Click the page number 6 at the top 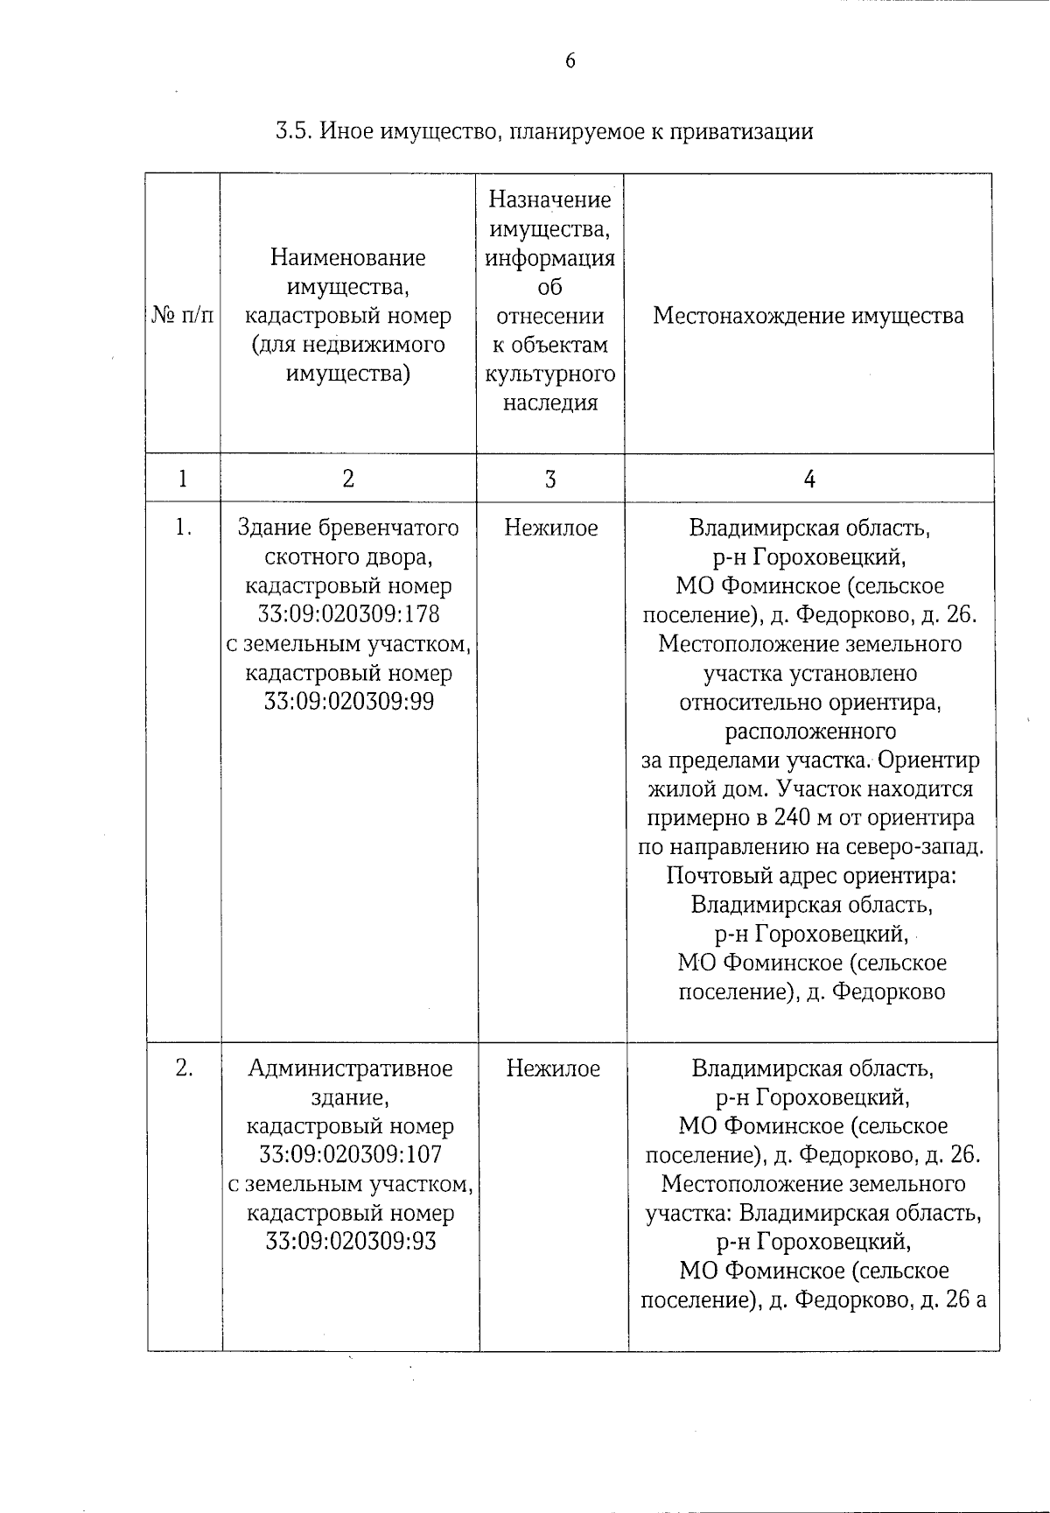(x=570, y=60)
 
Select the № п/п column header (x=183, y=316)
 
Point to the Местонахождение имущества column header (x=808, y=316)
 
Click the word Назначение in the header (x=550, y=200)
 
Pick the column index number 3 (x=550, y=479)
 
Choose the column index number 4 (x=809, y=479)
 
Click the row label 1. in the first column (x=183, y=528)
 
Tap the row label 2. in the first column (x=184, y=1068)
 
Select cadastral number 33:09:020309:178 (x=348, y=615)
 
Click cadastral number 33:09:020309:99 (x=348, y=702)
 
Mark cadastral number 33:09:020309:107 (x=350, y=1155)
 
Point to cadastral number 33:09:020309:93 (x=350, y=1242)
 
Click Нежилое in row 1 (x=551, y=528)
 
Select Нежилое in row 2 (x=553, y=1068)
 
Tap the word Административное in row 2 (x=350, y=1068)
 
